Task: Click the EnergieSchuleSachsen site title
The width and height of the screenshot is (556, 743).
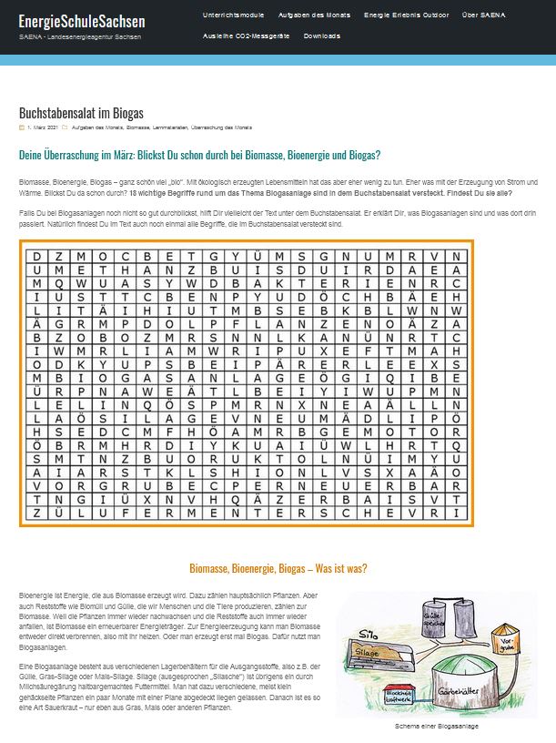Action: coord(82,20)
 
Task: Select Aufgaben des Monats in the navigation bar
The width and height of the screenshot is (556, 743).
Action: coord(314,15)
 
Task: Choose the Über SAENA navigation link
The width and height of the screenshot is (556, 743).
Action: coord(482,15)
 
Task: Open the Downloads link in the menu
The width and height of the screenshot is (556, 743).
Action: coord(322,36)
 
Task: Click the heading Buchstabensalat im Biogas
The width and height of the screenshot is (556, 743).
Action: coord(81,113)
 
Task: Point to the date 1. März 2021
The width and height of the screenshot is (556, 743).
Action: coord(43,127)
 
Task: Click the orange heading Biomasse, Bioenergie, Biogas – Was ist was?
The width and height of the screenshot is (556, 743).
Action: coord(278,568)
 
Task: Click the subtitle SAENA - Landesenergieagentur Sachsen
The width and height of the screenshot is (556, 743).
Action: coord(81,36)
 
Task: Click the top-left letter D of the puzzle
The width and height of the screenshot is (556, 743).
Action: coord(37,256)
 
